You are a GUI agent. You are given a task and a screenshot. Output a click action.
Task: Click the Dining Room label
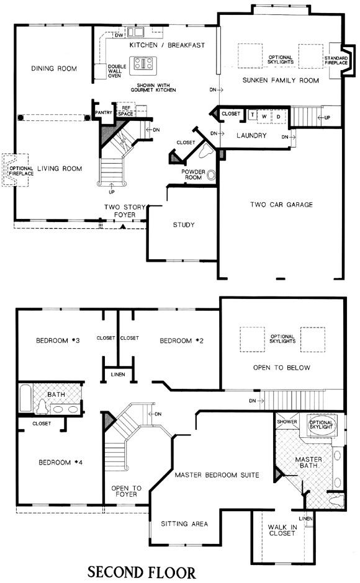54,68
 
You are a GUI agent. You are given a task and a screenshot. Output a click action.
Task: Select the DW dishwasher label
119,35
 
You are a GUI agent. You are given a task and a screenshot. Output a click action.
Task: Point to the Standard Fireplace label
336,61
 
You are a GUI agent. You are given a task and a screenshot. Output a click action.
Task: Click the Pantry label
104,112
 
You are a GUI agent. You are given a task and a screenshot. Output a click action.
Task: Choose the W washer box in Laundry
264,117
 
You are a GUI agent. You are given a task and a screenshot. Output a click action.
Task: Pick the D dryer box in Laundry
279,117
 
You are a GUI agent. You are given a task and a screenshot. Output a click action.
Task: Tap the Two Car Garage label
281,205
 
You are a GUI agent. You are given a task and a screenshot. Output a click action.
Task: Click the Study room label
184,225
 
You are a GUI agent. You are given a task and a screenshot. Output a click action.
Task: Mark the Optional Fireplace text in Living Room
21,171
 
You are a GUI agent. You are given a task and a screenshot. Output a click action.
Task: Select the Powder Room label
193,174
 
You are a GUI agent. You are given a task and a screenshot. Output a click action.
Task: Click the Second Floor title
142,572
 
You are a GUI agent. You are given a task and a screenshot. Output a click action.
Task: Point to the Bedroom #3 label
58,340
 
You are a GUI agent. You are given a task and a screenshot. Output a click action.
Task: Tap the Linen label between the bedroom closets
118,375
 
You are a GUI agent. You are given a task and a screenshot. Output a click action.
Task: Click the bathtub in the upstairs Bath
25,398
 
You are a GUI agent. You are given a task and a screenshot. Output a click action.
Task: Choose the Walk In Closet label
282,530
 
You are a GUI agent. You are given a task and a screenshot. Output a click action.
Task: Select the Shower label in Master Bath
287,422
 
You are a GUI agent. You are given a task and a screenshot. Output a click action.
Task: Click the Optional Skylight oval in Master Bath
322,425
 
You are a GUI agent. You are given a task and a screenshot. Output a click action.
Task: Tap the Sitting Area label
184,523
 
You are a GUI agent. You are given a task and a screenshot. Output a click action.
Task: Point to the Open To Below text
281,367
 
